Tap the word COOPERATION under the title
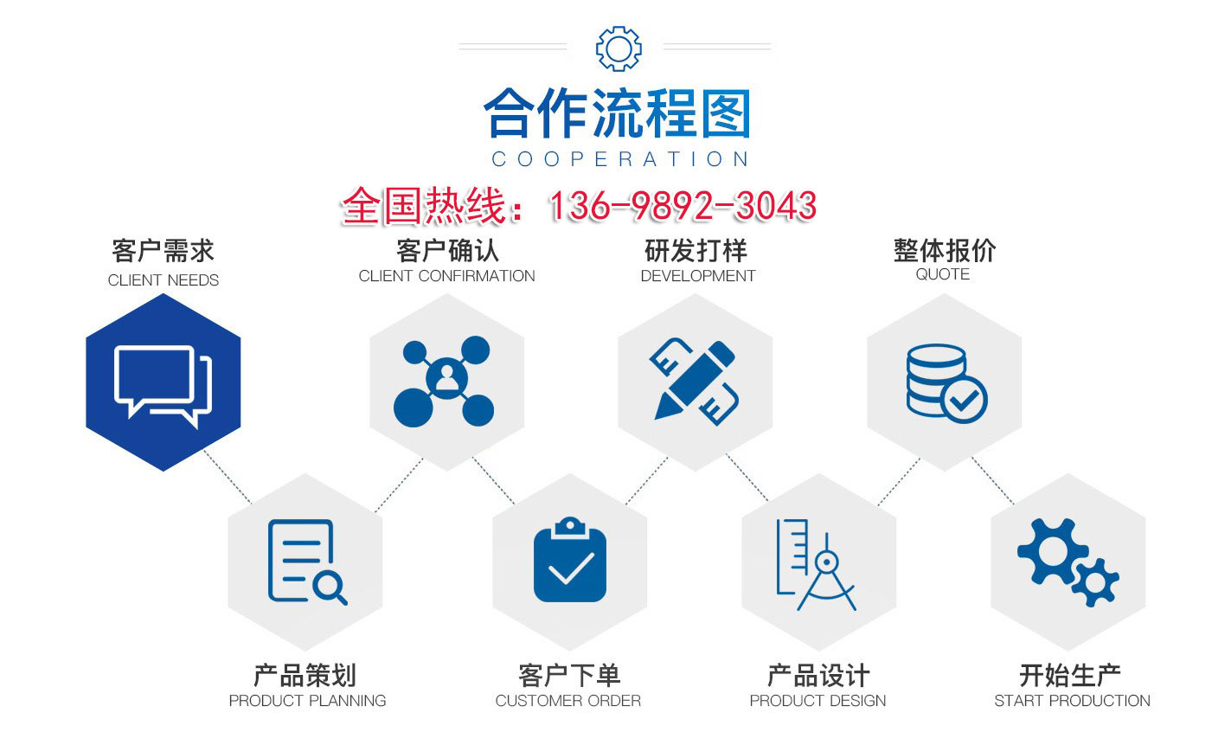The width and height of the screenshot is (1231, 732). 619,159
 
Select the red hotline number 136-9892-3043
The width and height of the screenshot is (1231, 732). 683,206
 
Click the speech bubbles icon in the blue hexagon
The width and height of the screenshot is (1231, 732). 163,384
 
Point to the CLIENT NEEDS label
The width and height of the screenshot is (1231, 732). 163,280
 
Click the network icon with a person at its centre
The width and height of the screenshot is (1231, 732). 445,382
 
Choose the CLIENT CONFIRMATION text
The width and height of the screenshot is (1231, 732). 446,276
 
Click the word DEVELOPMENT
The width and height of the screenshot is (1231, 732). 697,276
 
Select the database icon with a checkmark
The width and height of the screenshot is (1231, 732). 946,382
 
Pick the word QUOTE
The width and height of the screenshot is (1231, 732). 942,274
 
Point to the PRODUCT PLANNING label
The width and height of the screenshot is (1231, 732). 307,701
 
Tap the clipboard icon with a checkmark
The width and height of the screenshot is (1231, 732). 570,561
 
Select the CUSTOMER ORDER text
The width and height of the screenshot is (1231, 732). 568,701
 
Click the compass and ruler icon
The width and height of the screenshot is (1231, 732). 815,564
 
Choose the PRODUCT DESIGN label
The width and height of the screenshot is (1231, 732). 817,701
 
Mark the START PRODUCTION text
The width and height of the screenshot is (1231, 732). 1072,701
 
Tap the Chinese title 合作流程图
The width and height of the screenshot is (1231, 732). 617,115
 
